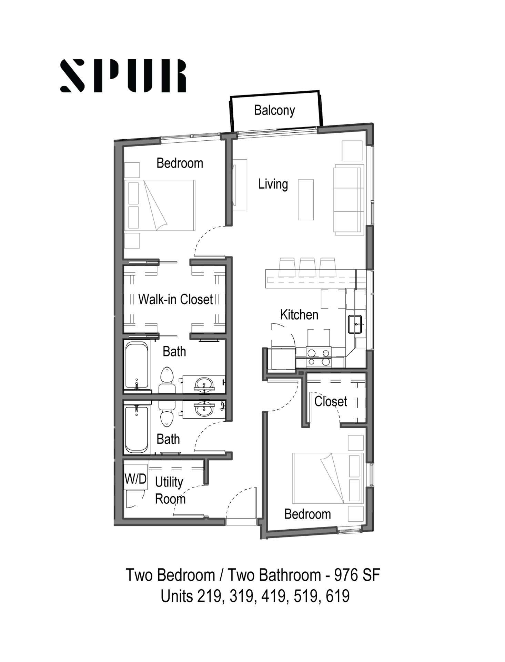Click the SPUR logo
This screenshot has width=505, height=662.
coord(123,76)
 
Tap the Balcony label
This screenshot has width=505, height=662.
coord(274,110)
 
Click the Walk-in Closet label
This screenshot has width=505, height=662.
coord(175,299)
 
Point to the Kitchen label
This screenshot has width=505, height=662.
coord(299,315)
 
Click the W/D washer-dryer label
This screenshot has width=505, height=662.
coord(135,479)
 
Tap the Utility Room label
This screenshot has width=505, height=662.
coord(170,490)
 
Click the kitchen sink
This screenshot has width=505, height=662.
coord(355,324)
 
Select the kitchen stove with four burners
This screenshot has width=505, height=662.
coord(318,357)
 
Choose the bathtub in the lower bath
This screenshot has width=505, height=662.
coord(137,430)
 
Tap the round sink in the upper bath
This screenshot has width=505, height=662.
coord(204,383)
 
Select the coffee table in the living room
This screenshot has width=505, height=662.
coord(306,200)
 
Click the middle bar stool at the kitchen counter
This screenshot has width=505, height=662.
coord(307,267)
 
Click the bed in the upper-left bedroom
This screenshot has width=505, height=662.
coord(160,205)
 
